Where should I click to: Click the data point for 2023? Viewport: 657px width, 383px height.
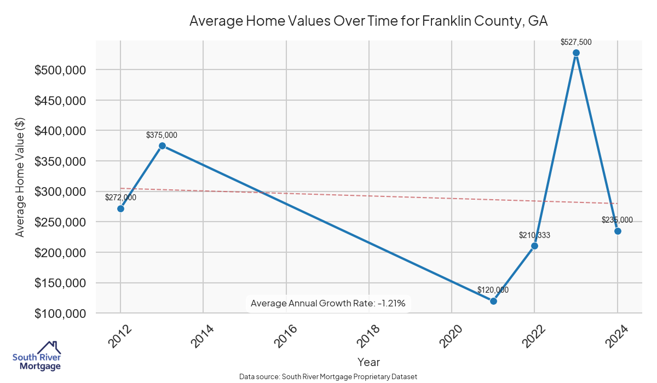[x=576, y=53]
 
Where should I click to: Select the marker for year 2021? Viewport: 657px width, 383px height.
[x=493, y=301]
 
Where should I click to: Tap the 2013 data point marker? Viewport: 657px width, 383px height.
[x=162, y=146]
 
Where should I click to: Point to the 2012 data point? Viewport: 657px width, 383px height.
[x=120, y=208]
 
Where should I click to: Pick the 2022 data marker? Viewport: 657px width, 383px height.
[x=534, y=246]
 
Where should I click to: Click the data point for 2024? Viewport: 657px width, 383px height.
[x=618, y=231]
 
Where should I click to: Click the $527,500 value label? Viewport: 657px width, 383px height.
[x=576, y=42]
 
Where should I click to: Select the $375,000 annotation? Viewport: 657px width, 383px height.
[x=162, y=135]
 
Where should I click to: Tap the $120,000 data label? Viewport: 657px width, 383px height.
[x=493, y=290]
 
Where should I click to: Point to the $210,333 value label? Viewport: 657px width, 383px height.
[x=534, y=235]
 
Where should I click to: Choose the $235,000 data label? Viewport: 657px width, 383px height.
[x=617, y=220]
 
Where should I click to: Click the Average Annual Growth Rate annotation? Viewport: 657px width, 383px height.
[x=328, y=303]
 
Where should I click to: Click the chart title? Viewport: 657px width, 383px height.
[x=368, y=21]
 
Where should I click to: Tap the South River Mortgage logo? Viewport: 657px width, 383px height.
[x=37, y=356]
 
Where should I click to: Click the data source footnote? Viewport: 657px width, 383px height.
[x=328, y=377]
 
